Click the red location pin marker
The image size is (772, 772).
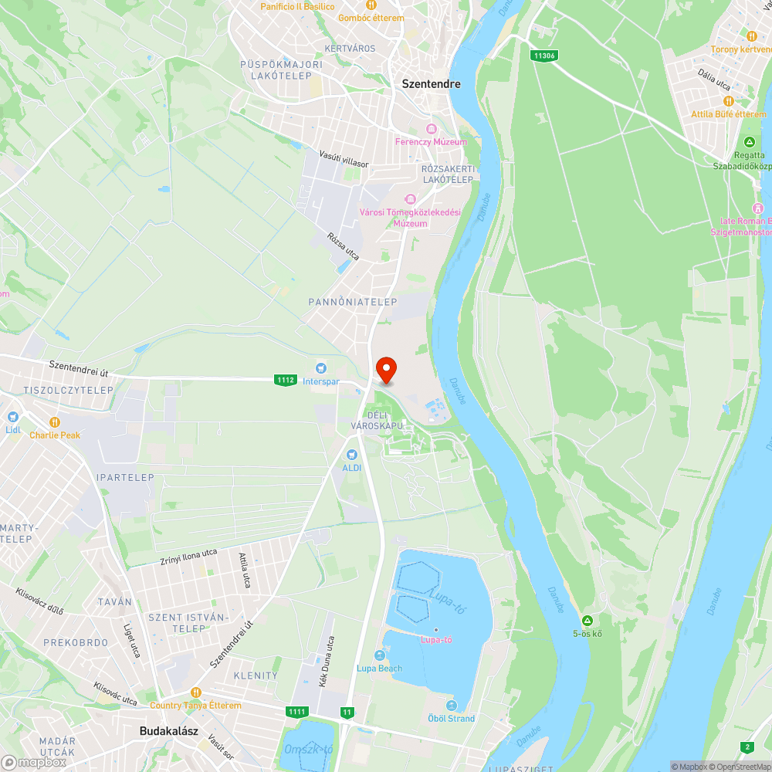point(385,370)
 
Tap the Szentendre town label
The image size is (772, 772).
point(431,83)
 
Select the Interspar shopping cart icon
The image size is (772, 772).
point(321,368)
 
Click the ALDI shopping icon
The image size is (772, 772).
point(352,455)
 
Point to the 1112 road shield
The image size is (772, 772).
point(285,379)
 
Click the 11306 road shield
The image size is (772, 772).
point(544,56)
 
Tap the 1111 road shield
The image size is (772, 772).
point(296,711)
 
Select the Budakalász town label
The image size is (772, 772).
point(167,730)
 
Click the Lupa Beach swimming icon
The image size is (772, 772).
point(379,655)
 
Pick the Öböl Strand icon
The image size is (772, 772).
point(452,706)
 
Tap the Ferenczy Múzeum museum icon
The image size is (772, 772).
point(431,129)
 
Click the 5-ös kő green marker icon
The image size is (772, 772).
point(587,621)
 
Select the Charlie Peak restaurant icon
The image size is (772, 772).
point(55,422)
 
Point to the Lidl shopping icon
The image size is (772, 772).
point(12,416)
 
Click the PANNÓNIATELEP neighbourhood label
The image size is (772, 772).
point(353,302)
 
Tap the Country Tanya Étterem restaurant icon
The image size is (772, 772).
point(195,692)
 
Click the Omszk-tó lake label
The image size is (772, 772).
point(308,749)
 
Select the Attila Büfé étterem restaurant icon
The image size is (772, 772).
point(727,101)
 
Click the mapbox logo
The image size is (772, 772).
point(34,762)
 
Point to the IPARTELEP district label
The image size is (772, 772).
point(125,477)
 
